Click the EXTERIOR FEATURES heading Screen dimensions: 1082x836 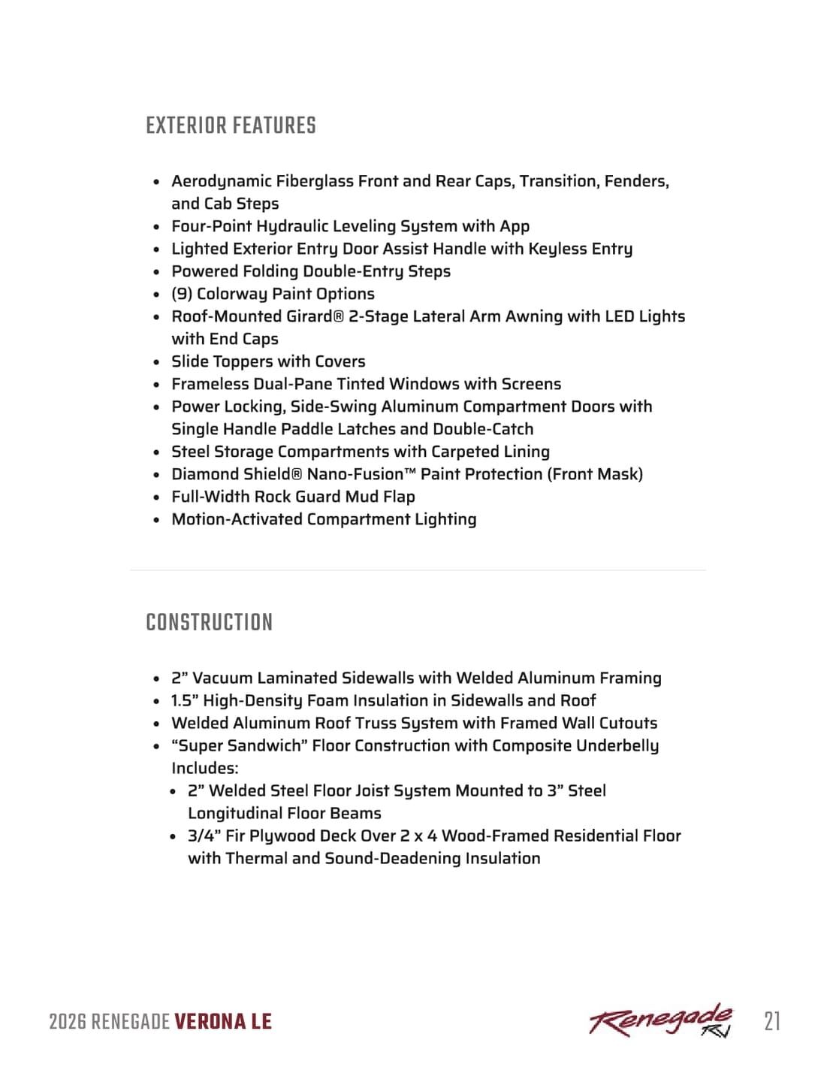(x=231, y=125)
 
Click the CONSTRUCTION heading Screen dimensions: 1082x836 (x=209, y=622)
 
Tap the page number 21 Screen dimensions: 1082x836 (x=772, y=1021)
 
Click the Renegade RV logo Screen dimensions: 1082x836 (x=661, y=1020)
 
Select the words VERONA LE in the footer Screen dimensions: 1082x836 (x=223, y=1022)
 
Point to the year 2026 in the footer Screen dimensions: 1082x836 (x=67, y=1022)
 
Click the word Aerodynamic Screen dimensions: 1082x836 (x=220, y=181)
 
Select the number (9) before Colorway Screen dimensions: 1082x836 (x=182, y=294)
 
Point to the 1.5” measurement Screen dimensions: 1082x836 (x=184, y=700)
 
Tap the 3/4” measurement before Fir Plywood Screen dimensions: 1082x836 (x=204, y=836)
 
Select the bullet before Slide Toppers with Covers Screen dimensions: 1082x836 (x=156, y=362)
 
